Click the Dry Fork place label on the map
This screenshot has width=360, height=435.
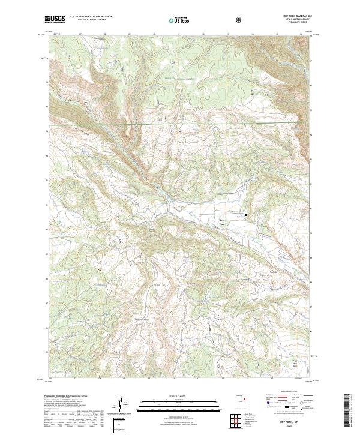pos(219,223)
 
